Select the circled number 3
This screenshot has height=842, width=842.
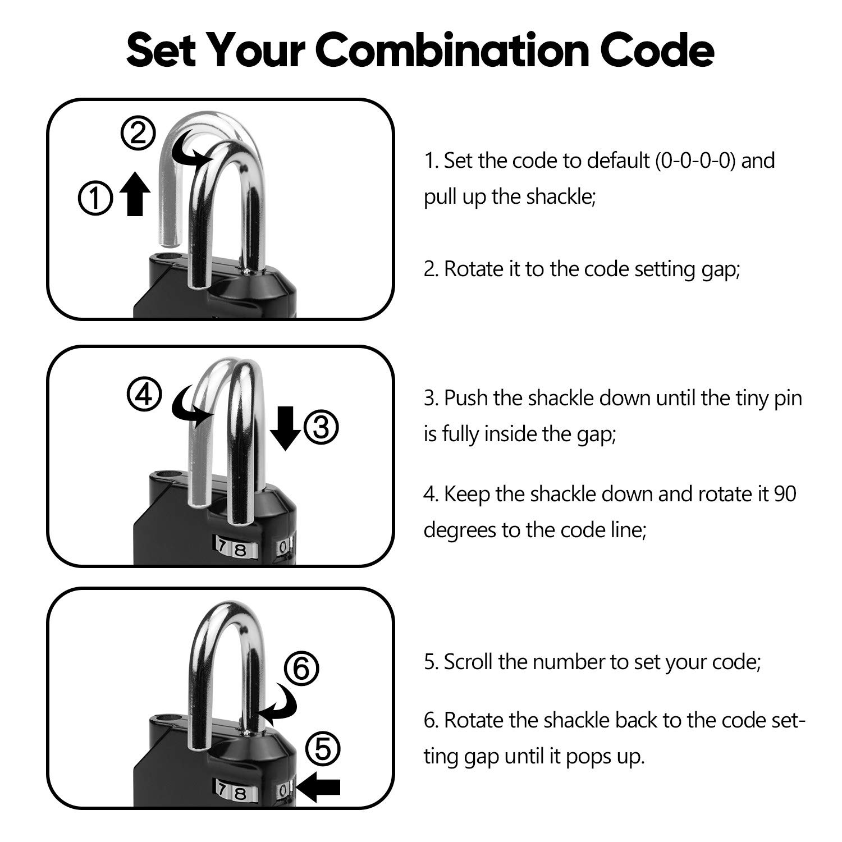tap(321, 428)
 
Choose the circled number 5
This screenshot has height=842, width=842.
tap(323, 749)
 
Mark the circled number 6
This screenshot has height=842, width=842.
tap(301, 669)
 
